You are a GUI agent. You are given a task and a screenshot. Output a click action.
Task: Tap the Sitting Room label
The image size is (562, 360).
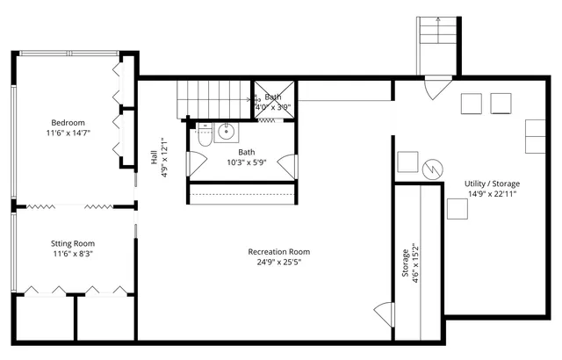[x=72, y=243]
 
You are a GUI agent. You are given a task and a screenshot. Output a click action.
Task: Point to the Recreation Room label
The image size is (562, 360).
[x=278, y=252]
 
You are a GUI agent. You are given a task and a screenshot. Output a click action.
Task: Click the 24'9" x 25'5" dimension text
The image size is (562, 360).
[x=278, y=263]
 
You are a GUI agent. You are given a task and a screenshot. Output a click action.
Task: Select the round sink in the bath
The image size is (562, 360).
[x=227, y=133]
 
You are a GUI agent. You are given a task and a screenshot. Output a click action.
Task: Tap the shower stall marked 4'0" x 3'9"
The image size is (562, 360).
[x=273, y=101]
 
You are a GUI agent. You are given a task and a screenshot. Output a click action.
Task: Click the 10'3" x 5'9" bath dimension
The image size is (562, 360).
[x=246, y=162]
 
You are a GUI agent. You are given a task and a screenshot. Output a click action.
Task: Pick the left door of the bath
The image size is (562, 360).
[x=198, y=162]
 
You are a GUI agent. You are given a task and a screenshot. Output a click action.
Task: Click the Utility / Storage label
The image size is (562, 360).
[x=491, y=184]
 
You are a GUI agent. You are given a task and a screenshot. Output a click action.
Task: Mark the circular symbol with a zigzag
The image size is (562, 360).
[x=432, y=168]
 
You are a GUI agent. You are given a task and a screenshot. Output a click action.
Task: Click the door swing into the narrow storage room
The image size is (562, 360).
[x=384, y=313]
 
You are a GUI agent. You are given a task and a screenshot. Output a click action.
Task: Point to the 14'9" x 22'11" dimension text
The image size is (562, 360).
[x=491, y=194]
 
